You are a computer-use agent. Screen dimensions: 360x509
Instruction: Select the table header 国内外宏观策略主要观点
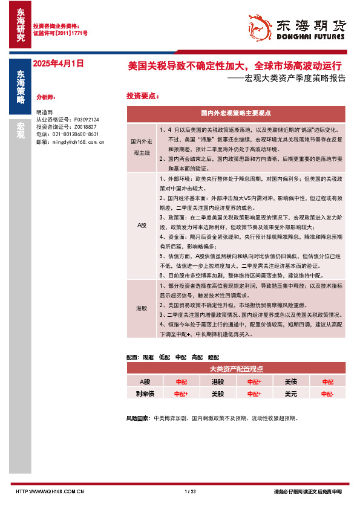point(235,113)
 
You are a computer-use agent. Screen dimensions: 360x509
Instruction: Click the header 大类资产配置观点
point(235,369)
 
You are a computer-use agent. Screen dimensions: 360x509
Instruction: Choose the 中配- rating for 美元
point(327,394)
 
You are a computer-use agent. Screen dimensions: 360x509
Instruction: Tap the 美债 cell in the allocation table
point(291,382)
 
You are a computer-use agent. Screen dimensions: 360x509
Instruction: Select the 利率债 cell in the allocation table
point(144,394)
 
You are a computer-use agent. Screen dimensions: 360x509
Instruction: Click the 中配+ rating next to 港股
point(254,382)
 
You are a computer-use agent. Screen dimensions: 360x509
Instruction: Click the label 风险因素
point(138,418)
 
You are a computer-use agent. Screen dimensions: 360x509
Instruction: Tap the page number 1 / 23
point(190,491)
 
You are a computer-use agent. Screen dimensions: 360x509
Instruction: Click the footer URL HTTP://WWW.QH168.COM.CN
point(49,491)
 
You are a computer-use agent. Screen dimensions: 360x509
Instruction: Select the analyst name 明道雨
point(44,113)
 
